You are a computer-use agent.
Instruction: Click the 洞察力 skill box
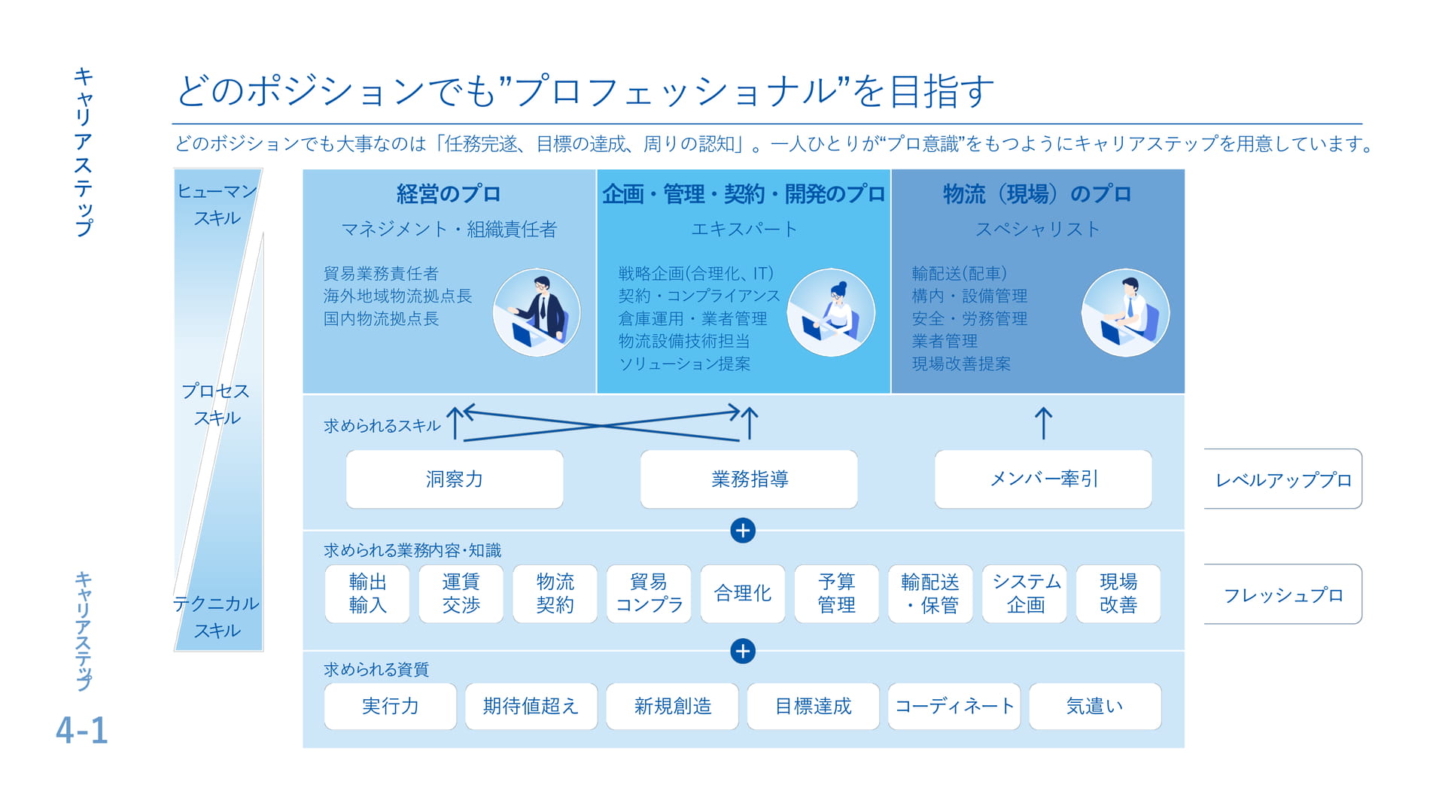(x=455, y=479)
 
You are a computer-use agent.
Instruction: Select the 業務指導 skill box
(x=749, y=479)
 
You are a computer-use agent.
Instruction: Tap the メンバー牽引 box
(x=1043, y=479)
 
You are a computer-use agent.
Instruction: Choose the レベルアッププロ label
(x=1283, y=479)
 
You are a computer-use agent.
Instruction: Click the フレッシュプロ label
(x=1283, y=595)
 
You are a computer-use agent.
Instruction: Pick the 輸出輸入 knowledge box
(x=367, y=594)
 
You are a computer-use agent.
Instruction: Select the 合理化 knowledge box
(x=743, y=594)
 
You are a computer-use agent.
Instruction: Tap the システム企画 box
(x=1025, y=594)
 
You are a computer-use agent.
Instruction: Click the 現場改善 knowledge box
(x=1118, y=594)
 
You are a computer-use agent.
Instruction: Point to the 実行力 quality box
(x=391, y=706)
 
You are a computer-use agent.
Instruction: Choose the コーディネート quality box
(x=954, y=706)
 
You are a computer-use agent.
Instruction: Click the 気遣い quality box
(x=1095, y=706)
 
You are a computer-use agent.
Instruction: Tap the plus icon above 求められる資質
(x=743, y=651)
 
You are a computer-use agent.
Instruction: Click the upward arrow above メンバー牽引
(x=1043, y=423)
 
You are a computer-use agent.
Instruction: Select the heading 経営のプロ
(x=449, y=194)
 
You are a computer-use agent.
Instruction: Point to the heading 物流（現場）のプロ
(x=1037, y=194)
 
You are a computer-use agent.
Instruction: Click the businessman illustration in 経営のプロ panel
(x=537, y=312)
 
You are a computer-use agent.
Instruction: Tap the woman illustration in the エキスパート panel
(x=831, y=312)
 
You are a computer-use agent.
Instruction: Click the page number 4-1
(x=82, y=730)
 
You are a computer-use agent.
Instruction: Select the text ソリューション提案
(x=684, y=364)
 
